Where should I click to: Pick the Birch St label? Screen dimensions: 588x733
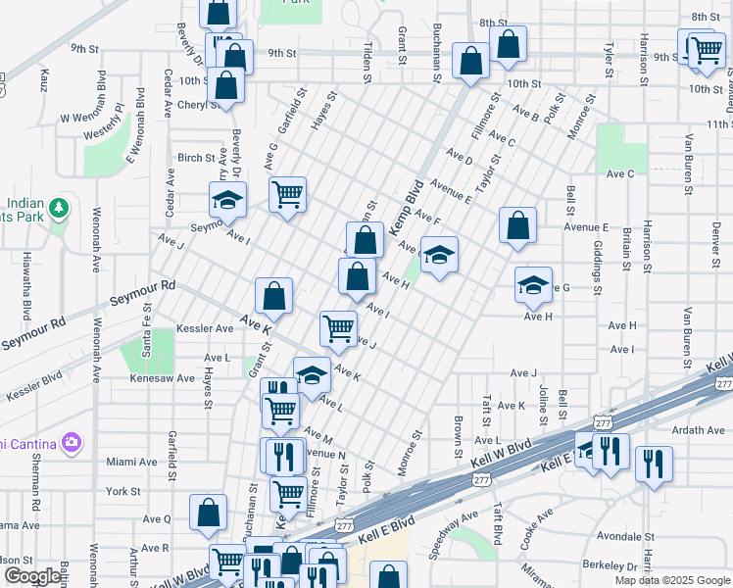point(196,158)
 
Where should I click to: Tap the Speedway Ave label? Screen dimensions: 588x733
point(454,534)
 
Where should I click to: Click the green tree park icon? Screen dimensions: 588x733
point(60,208)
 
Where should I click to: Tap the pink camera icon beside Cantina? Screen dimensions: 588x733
point(71,443)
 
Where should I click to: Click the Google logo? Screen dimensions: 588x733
point(33,576)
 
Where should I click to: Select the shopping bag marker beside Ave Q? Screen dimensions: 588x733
point(209,511)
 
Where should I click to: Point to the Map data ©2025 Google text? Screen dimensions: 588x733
point(671,580)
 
